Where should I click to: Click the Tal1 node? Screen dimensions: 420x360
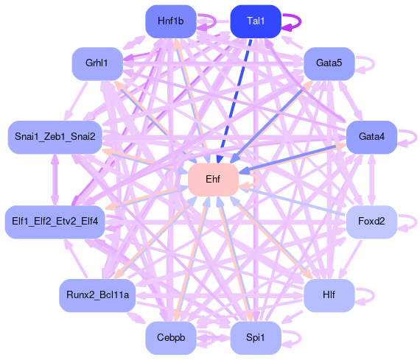point(256,21)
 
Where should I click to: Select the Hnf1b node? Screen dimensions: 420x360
point(171,21)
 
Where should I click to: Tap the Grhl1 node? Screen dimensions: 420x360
point(97,64)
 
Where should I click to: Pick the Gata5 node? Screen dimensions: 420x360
point(329,64)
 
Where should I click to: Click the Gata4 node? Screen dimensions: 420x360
point(371,137)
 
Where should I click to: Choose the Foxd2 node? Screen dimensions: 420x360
point(371,222)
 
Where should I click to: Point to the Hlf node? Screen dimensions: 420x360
point(329,295)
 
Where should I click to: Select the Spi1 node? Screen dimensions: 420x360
point(256,338)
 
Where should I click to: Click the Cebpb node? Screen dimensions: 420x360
point(171,338)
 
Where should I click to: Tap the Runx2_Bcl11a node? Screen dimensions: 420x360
point(97,295)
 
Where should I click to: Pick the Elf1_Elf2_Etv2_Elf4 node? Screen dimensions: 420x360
point(55,222)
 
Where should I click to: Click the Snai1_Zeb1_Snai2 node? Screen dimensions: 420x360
point(55,137)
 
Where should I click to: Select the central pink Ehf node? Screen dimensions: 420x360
point(213,180)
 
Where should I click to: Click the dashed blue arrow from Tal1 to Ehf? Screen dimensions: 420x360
point(235,101)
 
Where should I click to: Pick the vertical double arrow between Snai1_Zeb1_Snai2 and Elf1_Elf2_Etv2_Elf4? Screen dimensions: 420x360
point(55,180)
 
